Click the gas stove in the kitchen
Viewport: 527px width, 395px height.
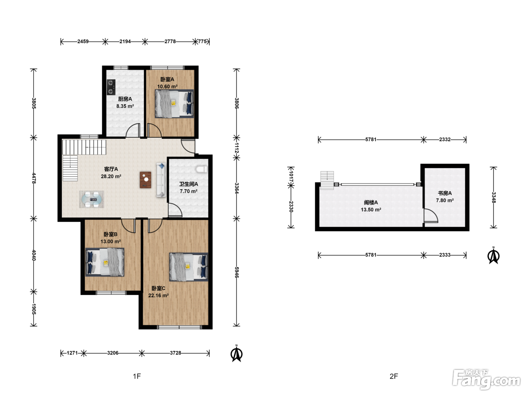tap(111, 87)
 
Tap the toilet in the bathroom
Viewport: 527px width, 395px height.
tap(202, 169)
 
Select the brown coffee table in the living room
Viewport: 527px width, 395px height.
tap(146, 180)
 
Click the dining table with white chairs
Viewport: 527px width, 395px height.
tap(92, 199)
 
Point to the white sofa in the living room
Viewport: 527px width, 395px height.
tap(161, 180)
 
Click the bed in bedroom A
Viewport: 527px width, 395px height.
tap(174, 103)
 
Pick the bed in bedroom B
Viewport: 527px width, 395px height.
tap(105, 262)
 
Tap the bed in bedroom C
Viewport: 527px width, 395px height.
tap(189, 267)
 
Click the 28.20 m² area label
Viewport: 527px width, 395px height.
tap(111, 176)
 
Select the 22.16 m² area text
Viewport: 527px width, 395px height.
tap(158, 295)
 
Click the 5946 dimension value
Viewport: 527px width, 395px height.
tap(237, 272)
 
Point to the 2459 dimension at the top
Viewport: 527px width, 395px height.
tap(83, 41)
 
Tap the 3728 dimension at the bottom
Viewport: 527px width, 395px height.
tap(175, 353)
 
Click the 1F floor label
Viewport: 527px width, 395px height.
tap(137, 376)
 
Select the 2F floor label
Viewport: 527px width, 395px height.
tap(394, 376)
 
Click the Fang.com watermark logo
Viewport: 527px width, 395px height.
tap(486, 379)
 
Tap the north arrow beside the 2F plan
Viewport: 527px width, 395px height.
tap(493, 255)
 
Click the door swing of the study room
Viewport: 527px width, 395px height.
tap(431, 216)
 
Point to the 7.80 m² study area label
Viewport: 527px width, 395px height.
tap(445, 200)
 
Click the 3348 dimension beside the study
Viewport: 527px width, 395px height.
tap(493, 197)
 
